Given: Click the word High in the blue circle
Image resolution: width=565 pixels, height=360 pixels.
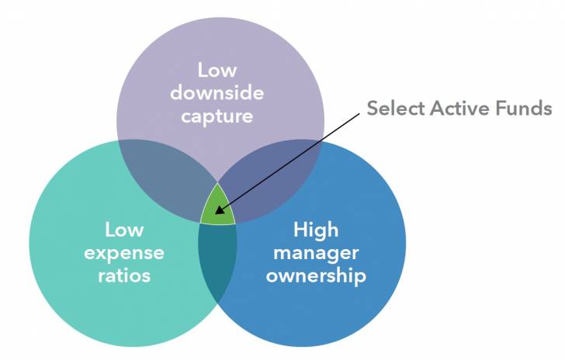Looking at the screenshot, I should click(x=315, y=230).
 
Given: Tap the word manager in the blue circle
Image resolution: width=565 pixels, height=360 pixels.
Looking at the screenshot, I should click(x=315, y=253).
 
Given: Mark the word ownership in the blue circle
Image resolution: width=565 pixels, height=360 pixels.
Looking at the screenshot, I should click(x=315, y=276).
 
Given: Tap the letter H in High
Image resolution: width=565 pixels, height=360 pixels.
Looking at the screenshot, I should click(x=300, y=230).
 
